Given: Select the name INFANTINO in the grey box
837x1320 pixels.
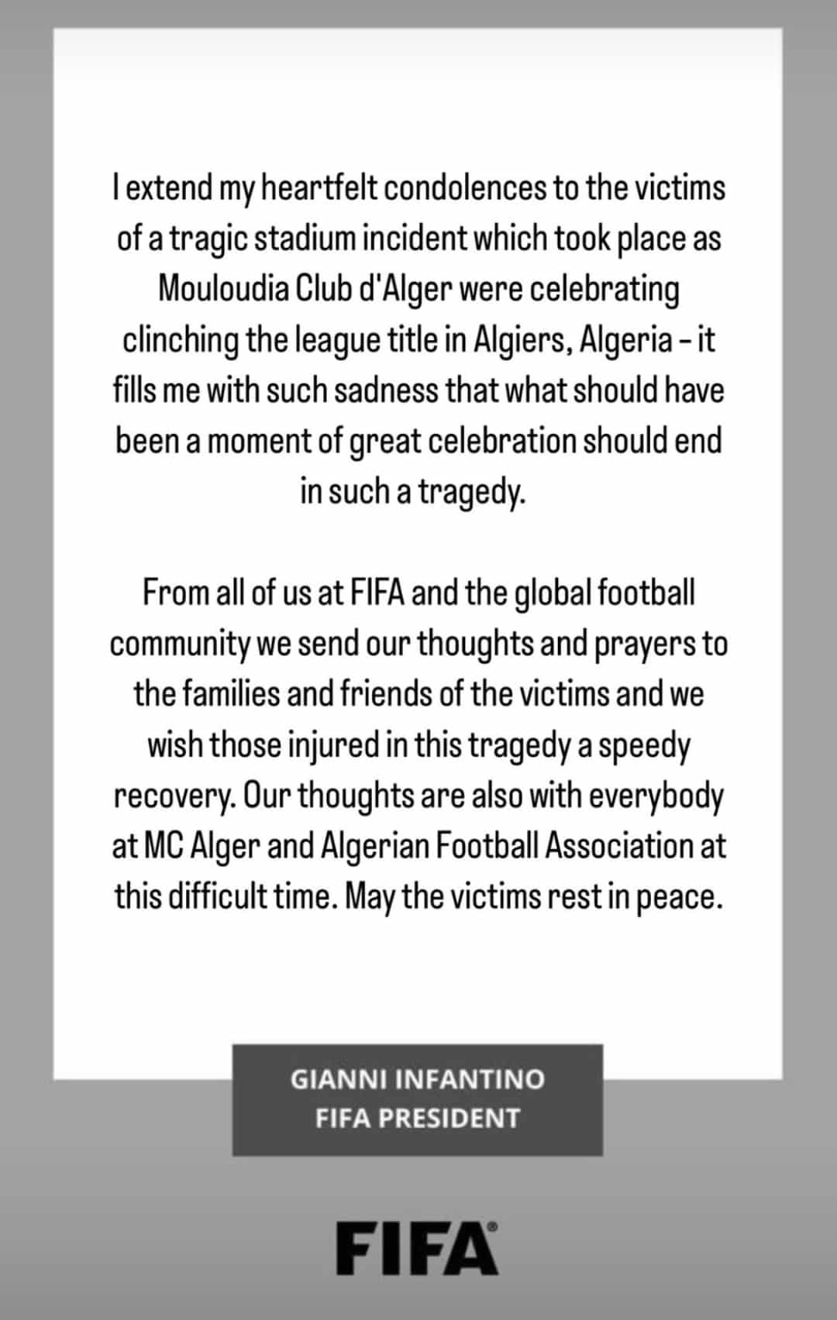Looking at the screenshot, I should coord(470,1079).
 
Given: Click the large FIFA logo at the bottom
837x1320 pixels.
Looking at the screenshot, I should coord(417,1248).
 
